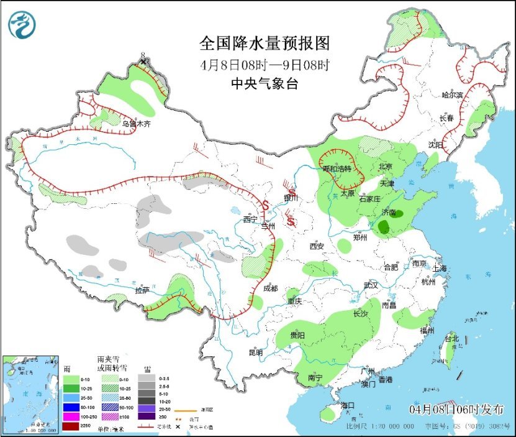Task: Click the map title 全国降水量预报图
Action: [x=264, y=43]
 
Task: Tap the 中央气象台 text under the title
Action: [x=264, y=84]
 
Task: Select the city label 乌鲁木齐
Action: [x=136, y=124]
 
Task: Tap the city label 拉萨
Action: [x=142, y=290]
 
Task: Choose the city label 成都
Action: [x=270, y=288]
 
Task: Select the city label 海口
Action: [x=347, y=405]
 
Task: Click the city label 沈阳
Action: [x=435, y=144]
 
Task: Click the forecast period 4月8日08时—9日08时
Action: [x=264, y=64]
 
